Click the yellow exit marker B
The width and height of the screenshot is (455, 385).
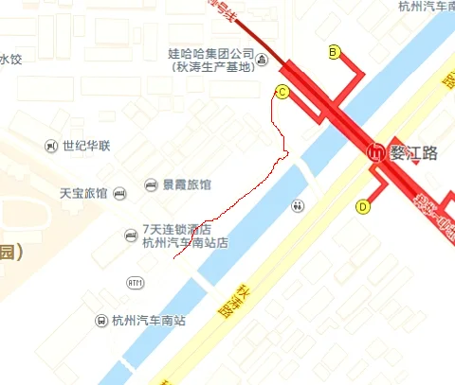coord(334,52)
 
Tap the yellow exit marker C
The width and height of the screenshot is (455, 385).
coord(282,92)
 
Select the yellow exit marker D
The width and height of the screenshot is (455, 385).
coord(363,206)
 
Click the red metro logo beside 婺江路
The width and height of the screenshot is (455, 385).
coord(376,152)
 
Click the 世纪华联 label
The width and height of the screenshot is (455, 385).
coord(86,146)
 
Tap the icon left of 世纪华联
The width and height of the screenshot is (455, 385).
coord(51,146)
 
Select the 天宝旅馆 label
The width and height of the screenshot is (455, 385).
coord(83,193)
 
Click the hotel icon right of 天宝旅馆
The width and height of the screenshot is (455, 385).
coord(118,193)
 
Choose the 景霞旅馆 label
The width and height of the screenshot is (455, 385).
coord(187,184)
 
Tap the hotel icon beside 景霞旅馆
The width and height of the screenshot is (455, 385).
coord(151,184)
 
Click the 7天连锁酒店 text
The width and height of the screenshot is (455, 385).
coord(175,229)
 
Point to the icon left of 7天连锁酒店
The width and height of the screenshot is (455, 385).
coord(132,235)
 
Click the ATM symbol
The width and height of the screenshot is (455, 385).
coord(136,283)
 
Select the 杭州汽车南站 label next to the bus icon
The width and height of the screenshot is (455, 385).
coord(149,320)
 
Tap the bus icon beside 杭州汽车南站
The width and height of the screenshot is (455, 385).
coord(100,320)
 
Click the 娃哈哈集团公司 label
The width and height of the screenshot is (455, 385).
coord(212,55)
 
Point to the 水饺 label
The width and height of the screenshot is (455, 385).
coord(10,59)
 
